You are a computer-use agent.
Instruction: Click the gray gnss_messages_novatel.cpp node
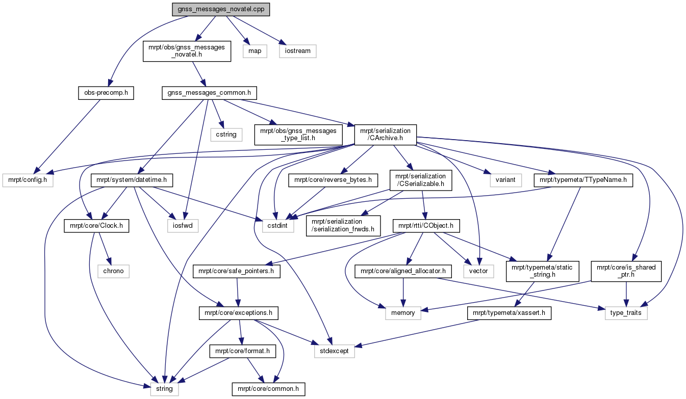pos(221,10)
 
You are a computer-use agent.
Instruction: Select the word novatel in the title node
pos(237,10)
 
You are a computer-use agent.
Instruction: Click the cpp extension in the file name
pos(259,10)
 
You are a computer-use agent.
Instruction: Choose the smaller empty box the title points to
pos(255,51)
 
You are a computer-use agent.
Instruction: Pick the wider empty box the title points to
pos(298,51)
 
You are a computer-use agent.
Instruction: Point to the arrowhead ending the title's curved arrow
pos(110,82)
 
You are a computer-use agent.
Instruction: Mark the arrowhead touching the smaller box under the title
pos(246,41)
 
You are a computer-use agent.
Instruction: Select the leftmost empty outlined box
pos(28,180)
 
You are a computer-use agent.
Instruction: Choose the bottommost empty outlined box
pos(164,389)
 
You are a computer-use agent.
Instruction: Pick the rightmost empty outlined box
pos(626,313)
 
